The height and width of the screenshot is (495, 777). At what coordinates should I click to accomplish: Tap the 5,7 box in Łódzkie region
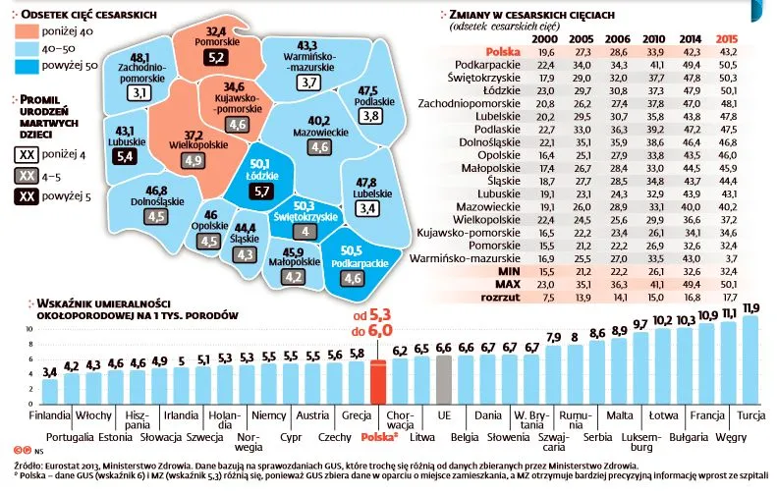point(261,192)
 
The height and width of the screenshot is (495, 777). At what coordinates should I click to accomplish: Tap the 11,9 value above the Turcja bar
point(752,307)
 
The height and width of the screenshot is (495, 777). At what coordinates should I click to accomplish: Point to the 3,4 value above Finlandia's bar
point(49,372)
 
